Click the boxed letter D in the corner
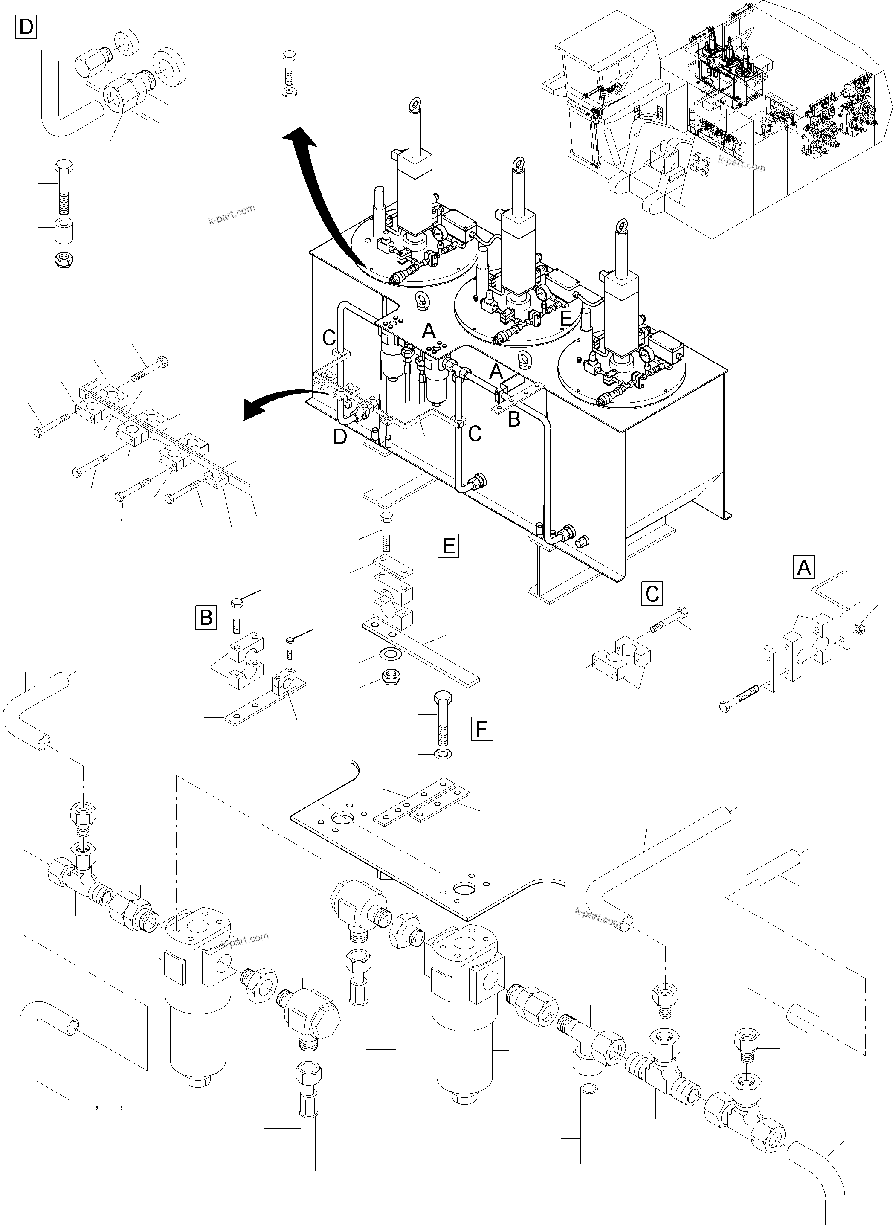[x=26, y=26]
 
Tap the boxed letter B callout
[x=206, y=617]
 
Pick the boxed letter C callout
[x=652, y=593]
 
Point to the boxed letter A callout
[x=804, y=567]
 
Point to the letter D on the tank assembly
[x=339, y=436]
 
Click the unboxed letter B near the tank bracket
[x=513, y=419]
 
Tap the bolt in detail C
[x=670, y=622]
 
